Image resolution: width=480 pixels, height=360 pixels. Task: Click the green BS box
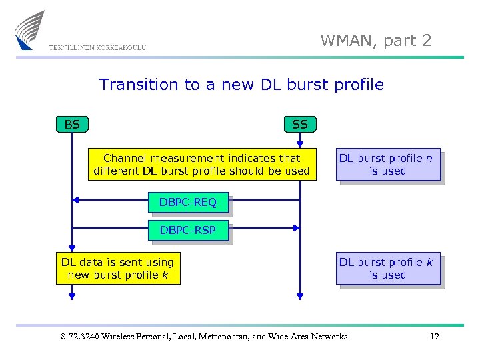[72, 124]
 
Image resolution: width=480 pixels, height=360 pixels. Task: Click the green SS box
[300, 124]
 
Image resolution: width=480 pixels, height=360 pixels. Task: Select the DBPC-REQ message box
[188, 203]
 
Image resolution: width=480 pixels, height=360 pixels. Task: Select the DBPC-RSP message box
[188, 231]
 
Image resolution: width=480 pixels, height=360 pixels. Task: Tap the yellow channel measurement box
[201, 165]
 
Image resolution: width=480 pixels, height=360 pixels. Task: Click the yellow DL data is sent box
[117, 269]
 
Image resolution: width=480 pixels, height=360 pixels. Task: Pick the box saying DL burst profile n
[387, 165]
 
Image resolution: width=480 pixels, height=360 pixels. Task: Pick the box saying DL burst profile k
[387, 269]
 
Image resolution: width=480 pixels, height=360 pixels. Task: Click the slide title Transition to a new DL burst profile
[241, 85]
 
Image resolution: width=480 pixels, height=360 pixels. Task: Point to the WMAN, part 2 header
[376, 41]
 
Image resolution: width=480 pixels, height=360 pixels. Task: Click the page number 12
[435, 337]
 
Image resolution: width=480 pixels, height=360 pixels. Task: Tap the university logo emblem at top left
[30, 30]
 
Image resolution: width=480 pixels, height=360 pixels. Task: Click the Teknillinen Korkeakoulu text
[97, 47]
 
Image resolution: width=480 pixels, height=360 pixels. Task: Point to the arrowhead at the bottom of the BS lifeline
[72, 297]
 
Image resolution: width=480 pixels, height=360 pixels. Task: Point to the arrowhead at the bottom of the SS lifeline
[300, 297]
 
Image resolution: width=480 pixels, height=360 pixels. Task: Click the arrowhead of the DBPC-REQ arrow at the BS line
[76, 199]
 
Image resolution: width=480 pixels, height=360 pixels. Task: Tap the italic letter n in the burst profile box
[429, 159]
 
